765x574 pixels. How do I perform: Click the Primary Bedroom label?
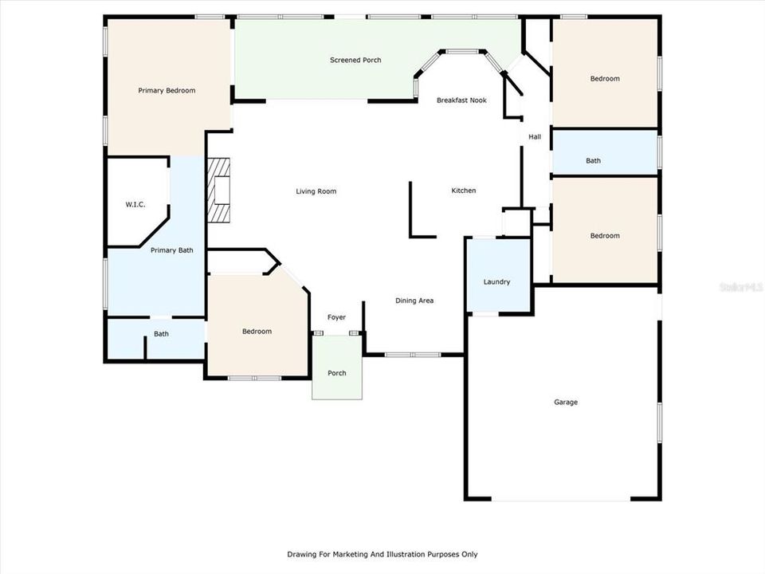coord(167,91)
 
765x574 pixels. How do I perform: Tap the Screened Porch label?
coord(355,61)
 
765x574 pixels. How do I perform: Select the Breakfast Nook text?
coord(461,100)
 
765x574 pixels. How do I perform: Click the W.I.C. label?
coord(135,205)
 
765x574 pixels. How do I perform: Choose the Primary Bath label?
coord(172,250)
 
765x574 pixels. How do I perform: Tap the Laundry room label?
coord(496,282)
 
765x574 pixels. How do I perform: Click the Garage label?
coord(566,403)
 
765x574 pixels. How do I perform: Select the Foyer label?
coord(336,317)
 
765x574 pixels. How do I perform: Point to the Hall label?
coord(535,137)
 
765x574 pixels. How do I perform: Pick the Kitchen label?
coord(464,191)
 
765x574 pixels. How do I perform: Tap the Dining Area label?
coord(414,301)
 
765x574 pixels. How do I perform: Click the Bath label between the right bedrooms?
coord(594,161)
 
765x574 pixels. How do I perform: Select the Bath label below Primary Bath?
coord(162,334)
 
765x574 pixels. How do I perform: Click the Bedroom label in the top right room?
coord(605,79)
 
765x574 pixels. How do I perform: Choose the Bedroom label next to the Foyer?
coord(257,332)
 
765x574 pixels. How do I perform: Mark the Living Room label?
coord(316,191)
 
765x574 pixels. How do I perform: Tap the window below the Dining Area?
coord(413,354)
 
